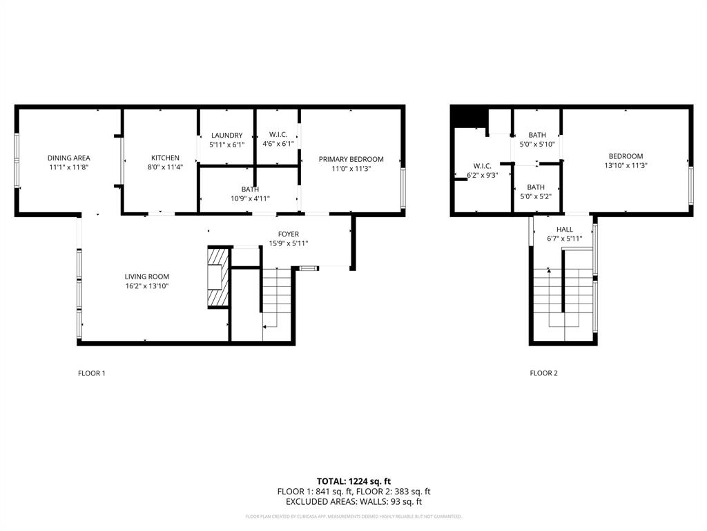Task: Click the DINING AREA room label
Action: coord(68,158)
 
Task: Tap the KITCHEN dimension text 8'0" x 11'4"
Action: coord(165,168)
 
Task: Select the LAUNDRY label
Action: coord(226,136)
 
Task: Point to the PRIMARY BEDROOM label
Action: coord(351,159)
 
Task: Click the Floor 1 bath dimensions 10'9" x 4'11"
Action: coord(250,199)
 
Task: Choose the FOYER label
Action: coord(288,234)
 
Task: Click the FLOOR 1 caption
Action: coord(91,373)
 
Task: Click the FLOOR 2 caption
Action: coord(543,373)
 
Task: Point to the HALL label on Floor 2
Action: coord(564,230)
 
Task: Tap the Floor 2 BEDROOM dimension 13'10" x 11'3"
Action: coord(625,166)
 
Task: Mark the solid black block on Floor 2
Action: coord(469,118)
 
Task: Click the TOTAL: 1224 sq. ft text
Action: coord(353,481)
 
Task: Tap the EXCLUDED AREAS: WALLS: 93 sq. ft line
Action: coord(353,502)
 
